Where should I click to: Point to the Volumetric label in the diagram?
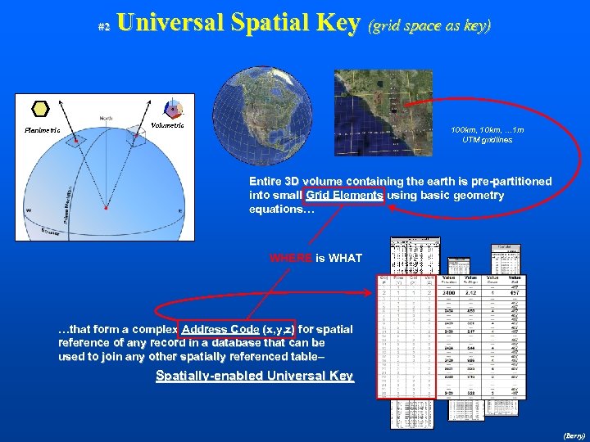168,125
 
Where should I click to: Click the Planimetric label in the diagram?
42,129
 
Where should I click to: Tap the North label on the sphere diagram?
107,118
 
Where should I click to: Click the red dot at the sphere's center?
106,208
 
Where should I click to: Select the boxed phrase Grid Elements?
343,196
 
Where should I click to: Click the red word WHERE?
291,259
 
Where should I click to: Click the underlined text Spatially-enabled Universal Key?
254,376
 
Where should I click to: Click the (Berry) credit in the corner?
574,436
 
